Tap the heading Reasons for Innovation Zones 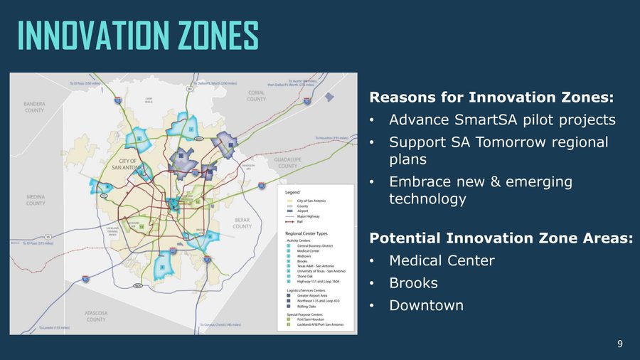(491, 97)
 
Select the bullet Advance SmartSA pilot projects (502, 120)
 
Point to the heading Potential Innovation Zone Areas (501, 238)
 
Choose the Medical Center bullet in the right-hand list (442, 260)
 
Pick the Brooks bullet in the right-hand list (413, 282)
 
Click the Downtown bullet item (426, 305)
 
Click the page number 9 (619, 344)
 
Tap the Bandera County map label (34, 107)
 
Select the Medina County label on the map (36, 200)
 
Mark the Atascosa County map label (96, 315)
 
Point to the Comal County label (257, 95)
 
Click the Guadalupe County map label (287, 163)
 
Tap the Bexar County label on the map (242, 223)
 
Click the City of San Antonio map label (128, 164)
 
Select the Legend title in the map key (293, 192)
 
